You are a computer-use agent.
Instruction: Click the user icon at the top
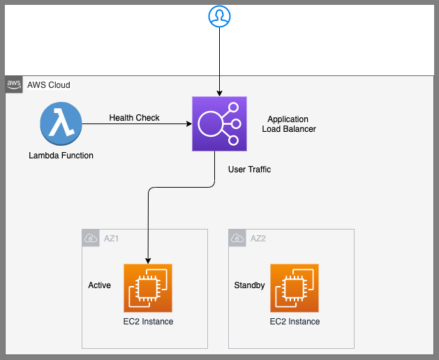pyautogui.click(x=219, y=17)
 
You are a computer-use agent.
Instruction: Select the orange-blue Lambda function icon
pyautogui.click(x=61, y=125)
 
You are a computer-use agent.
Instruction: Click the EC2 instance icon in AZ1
pyautogui.click(x=148, y=288)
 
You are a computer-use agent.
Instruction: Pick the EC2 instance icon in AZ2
pyautogui.click(x=295, y=288)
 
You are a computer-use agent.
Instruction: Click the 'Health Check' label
pyautogui.click(x=134, y=118)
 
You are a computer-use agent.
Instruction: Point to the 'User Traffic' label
pyautogui.click(x=249, y=170)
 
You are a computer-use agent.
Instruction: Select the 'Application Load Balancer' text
pyautogui.click(x=288, y=124)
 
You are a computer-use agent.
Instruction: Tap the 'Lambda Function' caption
pyautogui.click(x=61, y=156)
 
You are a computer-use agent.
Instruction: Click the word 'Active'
pyautogui.click(x=99, y=285)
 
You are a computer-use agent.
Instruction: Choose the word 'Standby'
pyautogui.click(x=249, y=285)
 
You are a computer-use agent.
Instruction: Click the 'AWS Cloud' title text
pyautogui.click(x=48, y=85)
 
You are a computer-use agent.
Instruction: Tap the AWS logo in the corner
pyautogui.click(x=14, y=84)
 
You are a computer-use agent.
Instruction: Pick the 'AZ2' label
pyautogui.click(x=259, y=238)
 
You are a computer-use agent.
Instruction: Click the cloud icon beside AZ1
pyautogui.click(x=91, y=238)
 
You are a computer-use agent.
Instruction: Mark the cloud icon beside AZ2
pyautogui.click(x=237, y=238)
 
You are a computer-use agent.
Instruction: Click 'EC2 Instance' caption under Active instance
pyautogui.click(x=148, y=322)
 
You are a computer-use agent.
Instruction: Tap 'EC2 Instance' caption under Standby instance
pyautogui.click(x=295, y=322)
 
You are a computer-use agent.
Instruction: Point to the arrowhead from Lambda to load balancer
pyautogui.click(x=188, y=125)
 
